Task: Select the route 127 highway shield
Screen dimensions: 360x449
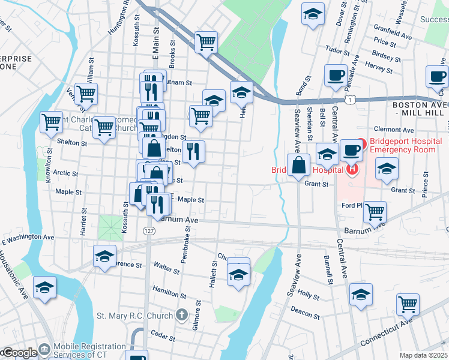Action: (x=149, y=230)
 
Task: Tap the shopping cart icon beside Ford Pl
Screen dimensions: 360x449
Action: (x=375, y=211)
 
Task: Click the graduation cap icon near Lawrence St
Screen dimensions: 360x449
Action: (x=104, y=256)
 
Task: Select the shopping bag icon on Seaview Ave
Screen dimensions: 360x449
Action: (x=298, y=164)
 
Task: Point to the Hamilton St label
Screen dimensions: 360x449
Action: (x=169, y=292)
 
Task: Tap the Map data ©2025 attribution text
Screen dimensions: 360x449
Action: (x=423, y=355)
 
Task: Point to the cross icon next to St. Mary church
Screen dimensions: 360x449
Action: (x=182, y=315)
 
